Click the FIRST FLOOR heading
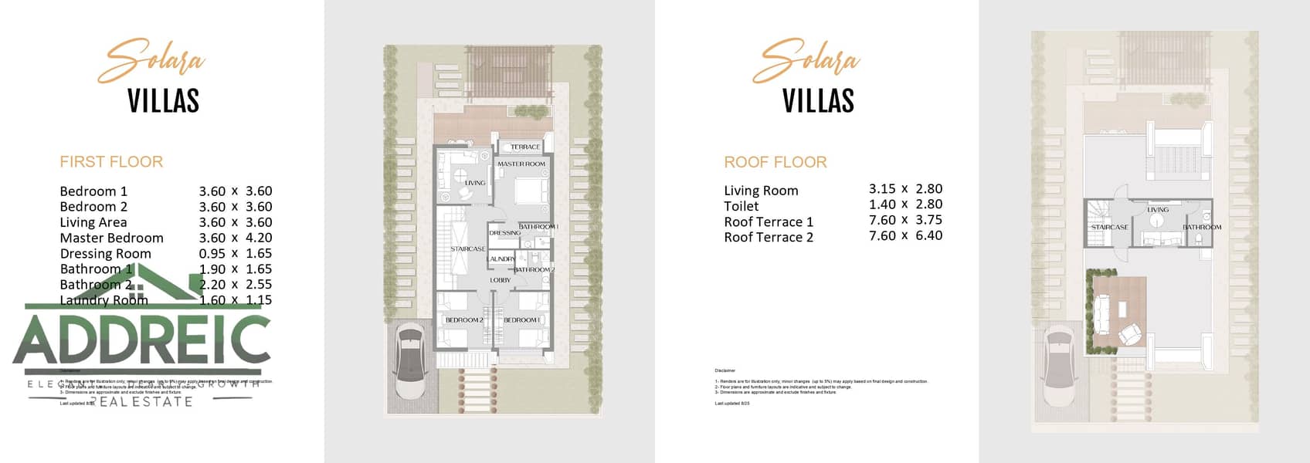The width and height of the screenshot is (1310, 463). click(x=111, y=162)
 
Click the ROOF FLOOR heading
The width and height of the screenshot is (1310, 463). click(x=775, y=162)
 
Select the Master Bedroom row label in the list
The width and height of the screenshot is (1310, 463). click(x=111, y=238)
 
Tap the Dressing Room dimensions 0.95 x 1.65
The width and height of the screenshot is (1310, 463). click(x=236, y=253)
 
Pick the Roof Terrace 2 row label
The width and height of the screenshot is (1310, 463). click(x=768, y=237)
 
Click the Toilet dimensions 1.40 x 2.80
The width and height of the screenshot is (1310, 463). click(x=905, y=204)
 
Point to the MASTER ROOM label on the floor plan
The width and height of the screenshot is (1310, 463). click(x=521, y=164)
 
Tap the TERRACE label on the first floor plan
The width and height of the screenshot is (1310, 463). click(x=525, y=147)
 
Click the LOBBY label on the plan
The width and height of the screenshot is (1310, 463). click(x=501, y=280)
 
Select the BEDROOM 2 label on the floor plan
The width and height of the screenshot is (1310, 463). click(x=463, y=319)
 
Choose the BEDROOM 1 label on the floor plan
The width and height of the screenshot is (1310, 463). click(x=521, y=319)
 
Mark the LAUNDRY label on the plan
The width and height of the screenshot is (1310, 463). click(x=501, y=259)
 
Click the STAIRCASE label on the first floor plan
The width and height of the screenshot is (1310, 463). click(x=468, y=248)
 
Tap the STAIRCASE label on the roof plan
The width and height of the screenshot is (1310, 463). click(x=1109, y=227)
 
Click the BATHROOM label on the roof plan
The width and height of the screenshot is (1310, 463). click(x=1202, y=227)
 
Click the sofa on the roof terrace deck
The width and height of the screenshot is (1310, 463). click(x=1109, y=313)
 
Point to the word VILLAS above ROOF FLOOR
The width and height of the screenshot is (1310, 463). click(x=818, y=101)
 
